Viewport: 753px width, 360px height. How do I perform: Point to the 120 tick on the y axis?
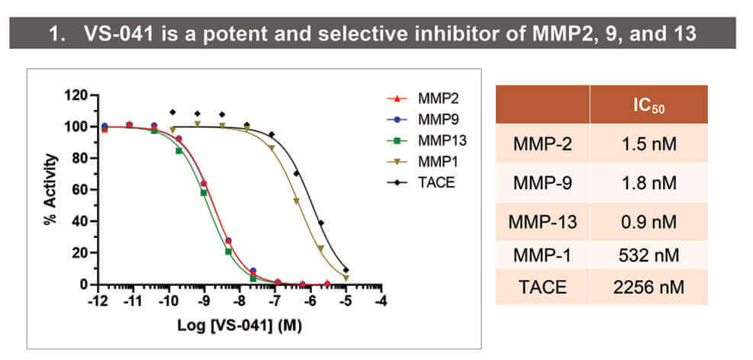(77, 95)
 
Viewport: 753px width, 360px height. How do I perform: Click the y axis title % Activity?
(51, 189)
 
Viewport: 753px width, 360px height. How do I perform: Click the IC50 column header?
(648, 105)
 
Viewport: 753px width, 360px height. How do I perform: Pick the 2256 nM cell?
(648, 287)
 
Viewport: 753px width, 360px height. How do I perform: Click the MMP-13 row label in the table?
(542, 222)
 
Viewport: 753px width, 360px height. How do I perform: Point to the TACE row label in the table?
(542, 287)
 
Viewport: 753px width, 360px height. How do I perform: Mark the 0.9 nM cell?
(648, 222)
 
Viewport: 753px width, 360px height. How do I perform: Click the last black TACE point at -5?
(346, 270)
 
